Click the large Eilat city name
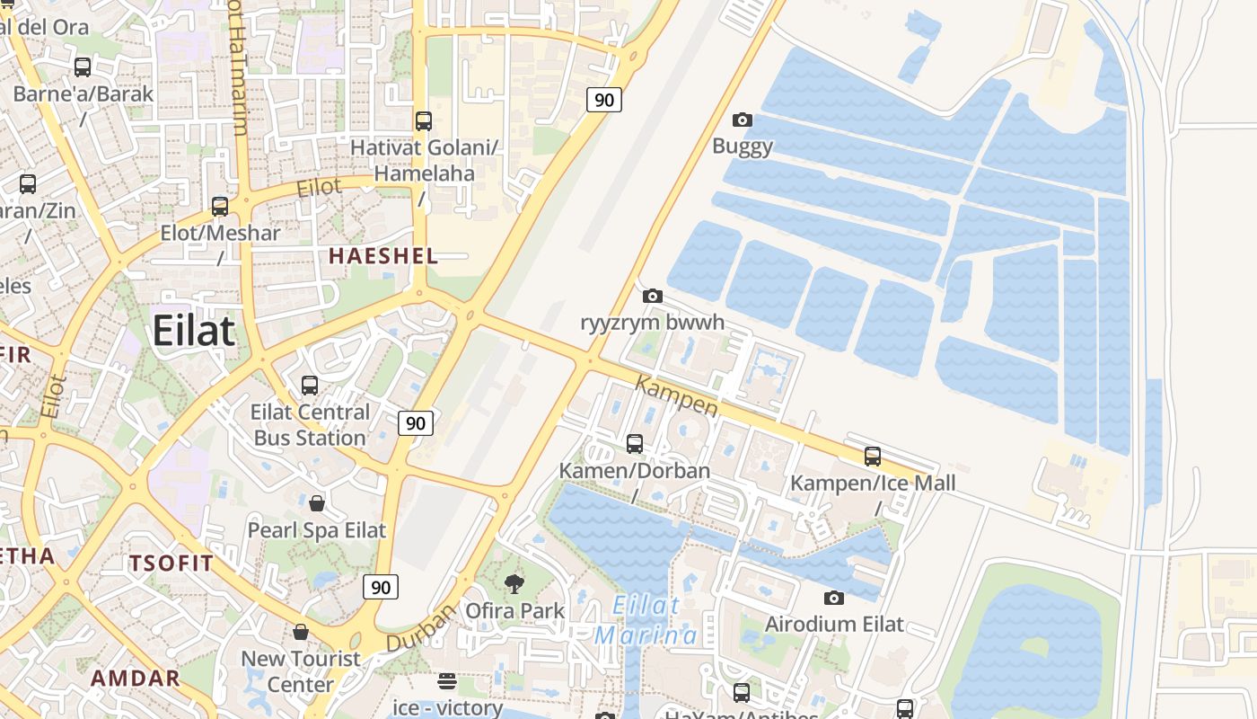pyautogui.click(x=193, y=331)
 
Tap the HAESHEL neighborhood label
pyautogui.click(x=382, y=256)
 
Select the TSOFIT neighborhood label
pyautogui.click(x=171, y=564)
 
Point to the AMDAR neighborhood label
pyautogui.click(x=136, y=678)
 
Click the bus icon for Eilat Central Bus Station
pyautogui.click(x=310, y=386)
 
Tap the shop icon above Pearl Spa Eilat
pyautogui.click(x=316, y=503)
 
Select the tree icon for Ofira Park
pyautogui.click(x=514, y=584)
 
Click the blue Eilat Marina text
pyautogui.click(x=645, y=620)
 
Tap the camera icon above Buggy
pyautogui.click(x=743, y=120)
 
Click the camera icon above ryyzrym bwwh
pyautogui.click(x=653, y=296)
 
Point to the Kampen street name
pyautogui.click(x=677, y=395)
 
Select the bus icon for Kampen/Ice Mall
pyautogui.click(x=872, y=456)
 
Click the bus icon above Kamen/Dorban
pyautogui.click(x=634, y=443)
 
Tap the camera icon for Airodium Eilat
pyautogui.click(x=833, y=598)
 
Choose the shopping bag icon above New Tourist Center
pyautogui.click(x=301, y=632)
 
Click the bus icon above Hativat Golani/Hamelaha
pyautogui.click(x=424, y=120)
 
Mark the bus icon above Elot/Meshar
pyautogui.click(x=220, y=206)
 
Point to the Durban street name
pyautogui.click(x=421, y=628)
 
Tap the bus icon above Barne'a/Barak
pyautogui.click(x=83, y=67)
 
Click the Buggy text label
pyautogui.click(x=743, y=146)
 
